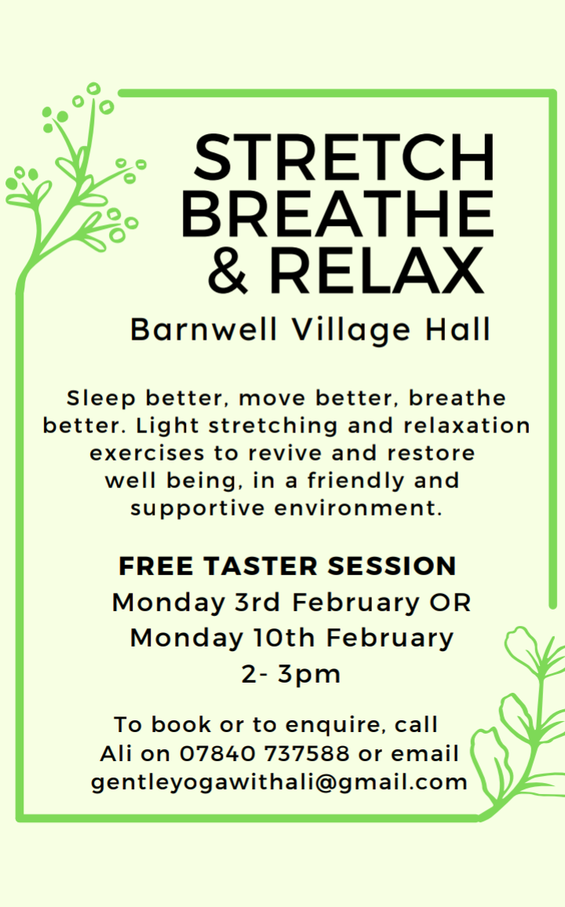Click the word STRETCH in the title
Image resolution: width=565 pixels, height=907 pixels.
point(344,158)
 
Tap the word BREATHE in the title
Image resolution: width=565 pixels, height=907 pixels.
point(337,214)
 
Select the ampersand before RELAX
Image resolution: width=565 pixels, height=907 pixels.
point(228,270)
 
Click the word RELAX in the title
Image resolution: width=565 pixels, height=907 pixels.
point(376,270)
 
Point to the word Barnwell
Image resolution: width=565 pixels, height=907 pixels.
point(204,330)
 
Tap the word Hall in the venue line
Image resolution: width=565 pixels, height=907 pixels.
point(458,330)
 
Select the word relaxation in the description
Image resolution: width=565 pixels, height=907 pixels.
point(467,425)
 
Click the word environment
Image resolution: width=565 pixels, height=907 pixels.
point(358,508)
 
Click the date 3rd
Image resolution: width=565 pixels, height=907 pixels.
point(257,602)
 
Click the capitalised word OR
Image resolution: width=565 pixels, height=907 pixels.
point(450,602)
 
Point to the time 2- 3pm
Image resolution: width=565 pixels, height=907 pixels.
point(291,674)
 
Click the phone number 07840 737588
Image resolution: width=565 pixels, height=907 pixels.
point(265,753)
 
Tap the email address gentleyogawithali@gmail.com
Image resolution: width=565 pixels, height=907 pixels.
point(279,783)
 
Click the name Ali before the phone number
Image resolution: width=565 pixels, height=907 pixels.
point(117,753)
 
